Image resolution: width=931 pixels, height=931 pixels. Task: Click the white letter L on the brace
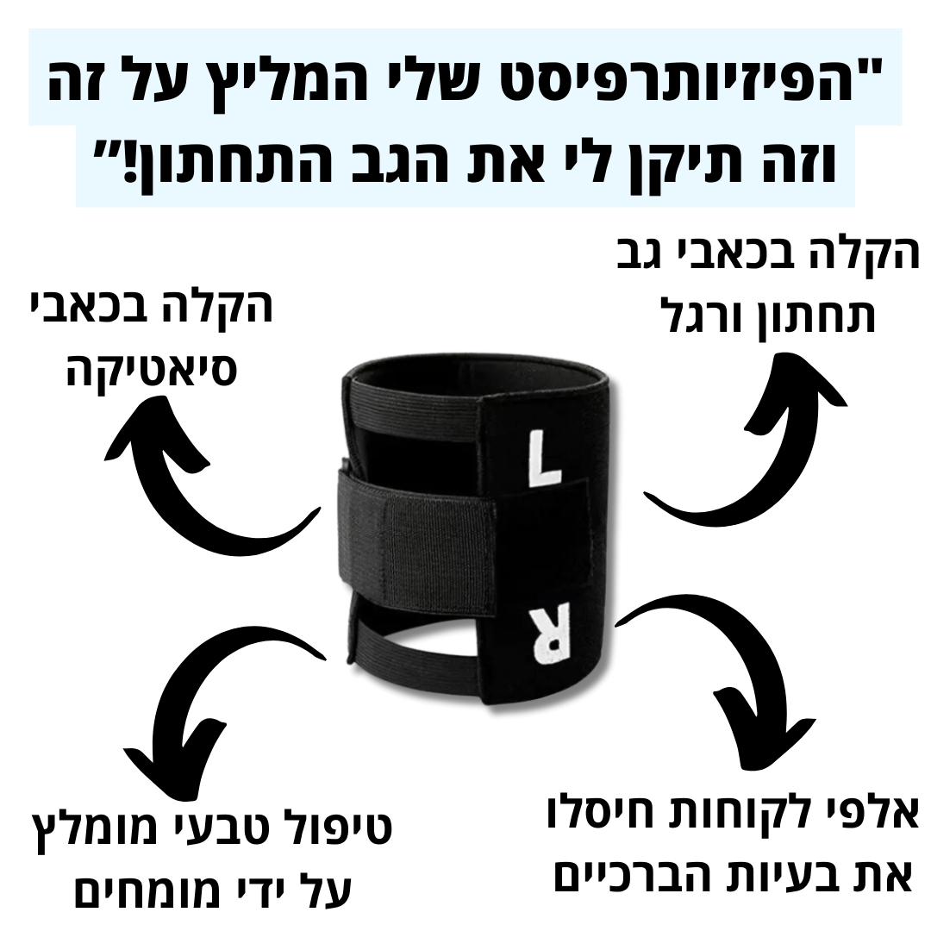point(544,459)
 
